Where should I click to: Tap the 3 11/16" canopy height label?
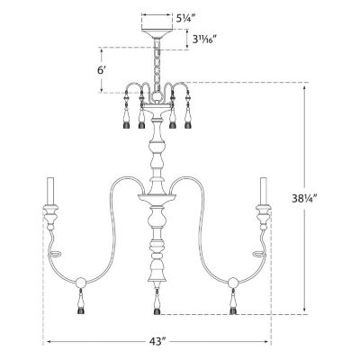[x=204, y=39]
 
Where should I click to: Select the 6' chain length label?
[x=102, y=70]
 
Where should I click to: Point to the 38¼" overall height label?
[x=305, y=198]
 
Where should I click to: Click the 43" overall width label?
[x=157, y=342]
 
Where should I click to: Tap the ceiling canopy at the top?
[x=157, y=33]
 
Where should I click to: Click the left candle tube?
[x=50, y=192]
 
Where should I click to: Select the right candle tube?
[x=264, y=192]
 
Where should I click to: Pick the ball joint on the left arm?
[x=80, y=283]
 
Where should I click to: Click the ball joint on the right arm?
[x=233, y=283]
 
